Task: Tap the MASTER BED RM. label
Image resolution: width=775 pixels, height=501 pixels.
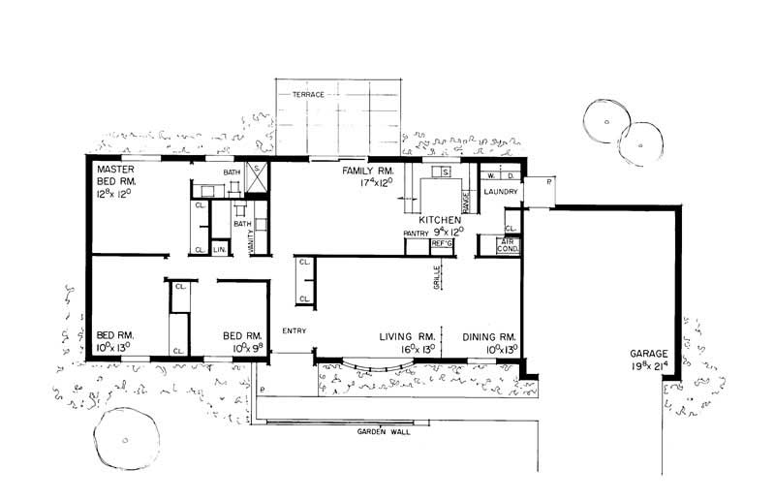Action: pos(115,175)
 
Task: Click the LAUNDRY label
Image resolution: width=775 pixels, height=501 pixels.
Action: pos(501,191)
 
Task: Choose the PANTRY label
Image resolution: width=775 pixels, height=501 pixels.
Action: pos(416,233)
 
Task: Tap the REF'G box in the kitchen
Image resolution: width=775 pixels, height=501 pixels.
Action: pos(442,243)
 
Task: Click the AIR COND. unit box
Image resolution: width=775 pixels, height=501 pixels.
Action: pos(509,246)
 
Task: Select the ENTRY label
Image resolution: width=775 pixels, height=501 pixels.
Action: pos(294,331)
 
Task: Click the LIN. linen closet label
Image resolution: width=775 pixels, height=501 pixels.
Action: pos(219,250)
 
